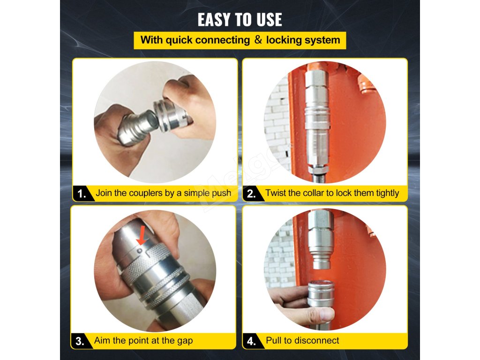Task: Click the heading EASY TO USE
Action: pyautogui.click(x=240, y=20)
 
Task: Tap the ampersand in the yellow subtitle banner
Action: pyautogui.click(x=258, y=40)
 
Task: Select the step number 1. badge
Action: pyautogui.click(x=82, y=194)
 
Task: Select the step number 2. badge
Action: pyautogui.click(x=252, y=194)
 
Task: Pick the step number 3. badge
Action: pyautogui.click(x=80, y=341)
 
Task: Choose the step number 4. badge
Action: pyautogui.click(x=252, y=341)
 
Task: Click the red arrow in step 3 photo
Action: pyautogui.click(x=142, y=235)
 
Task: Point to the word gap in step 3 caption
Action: pyautogui.click(x=185, y=341)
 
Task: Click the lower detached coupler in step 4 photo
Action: pyautogui.click(x=321, y=294)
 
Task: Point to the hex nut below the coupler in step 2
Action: pyautogui.click(x=318, y=169)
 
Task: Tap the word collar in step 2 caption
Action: pyautogui.click(x=314, y=193)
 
